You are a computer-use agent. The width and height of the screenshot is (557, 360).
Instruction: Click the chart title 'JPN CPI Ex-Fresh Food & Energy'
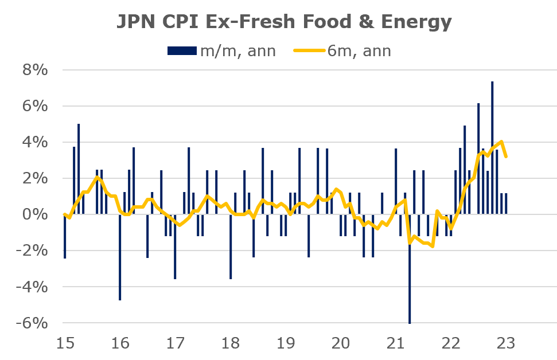click(285, 21)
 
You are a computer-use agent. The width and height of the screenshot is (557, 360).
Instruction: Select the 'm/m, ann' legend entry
click(221, 50)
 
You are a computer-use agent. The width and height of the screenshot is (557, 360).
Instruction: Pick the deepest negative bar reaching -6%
click(410, 269)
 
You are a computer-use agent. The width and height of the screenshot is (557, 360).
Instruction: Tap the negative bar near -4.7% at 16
click(120, 258)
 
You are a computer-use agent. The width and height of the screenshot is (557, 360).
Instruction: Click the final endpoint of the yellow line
click(505, 156)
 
